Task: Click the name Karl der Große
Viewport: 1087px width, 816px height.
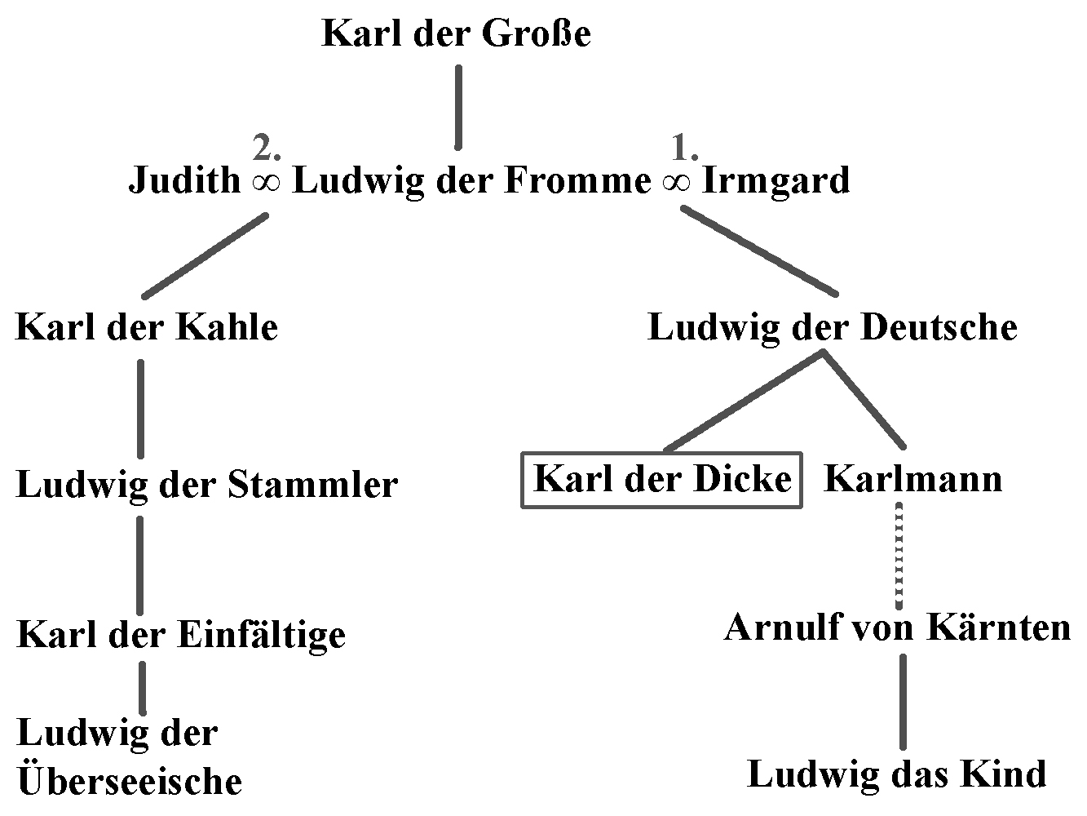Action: point(456,34)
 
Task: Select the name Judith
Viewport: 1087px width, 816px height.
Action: point(184,180)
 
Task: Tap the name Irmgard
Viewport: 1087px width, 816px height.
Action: point(775,180)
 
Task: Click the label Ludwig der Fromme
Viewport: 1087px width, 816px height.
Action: point(471,180)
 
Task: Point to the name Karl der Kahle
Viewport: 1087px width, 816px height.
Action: point(147,327)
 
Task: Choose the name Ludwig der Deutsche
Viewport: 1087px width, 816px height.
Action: point(832,327)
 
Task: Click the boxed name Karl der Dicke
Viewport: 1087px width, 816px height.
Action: point(661,479)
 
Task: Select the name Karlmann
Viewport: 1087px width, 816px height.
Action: point(913,478)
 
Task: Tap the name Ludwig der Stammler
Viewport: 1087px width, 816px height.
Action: point(206,485)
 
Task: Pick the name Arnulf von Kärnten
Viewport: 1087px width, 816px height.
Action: point(897,628)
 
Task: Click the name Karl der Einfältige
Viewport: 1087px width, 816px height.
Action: point(181,634)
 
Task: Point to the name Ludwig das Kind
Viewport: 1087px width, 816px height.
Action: point(896,774)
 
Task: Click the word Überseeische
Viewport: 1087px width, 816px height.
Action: point(130,781)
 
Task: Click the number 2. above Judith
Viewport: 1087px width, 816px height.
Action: point(267,149)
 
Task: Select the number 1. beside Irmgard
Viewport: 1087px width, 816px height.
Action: point(684,149)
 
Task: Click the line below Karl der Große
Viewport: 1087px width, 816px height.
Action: point(458,107)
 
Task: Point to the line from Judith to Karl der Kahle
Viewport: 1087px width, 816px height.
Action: point(205,255)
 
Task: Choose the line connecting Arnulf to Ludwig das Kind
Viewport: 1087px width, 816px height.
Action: point(903,701)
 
